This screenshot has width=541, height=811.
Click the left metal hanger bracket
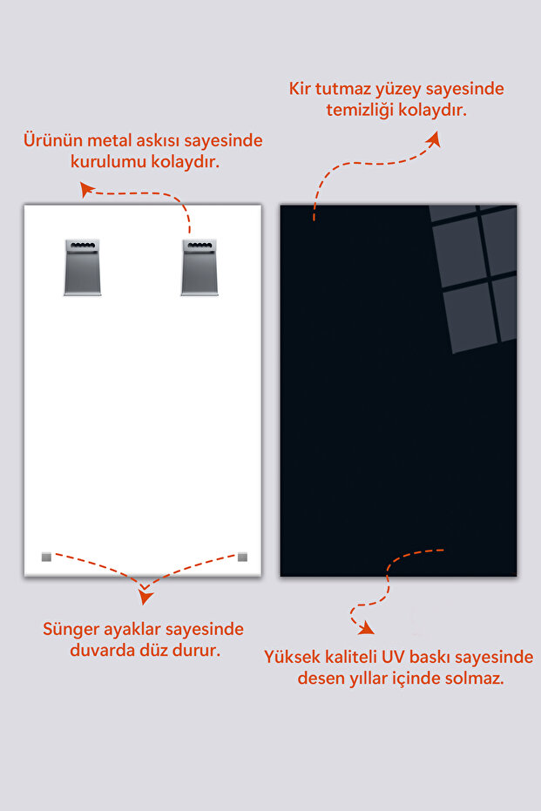[x=83, y=267]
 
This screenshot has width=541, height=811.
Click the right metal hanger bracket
[x=199, y=267]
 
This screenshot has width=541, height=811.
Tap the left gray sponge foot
[x=46, y=557]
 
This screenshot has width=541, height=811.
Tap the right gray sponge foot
[x=242, y=557]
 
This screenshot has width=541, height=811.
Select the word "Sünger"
[x=71, y=630]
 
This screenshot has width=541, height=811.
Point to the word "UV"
[x=393, y=657]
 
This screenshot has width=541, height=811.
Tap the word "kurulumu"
[x=101, y=162]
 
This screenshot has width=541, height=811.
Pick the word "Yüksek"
[x=292, y=657]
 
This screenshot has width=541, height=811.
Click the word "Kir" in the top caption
[x=300, y=89]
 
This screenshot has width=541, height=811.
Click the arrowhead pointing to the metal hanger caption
[x=86, y=189]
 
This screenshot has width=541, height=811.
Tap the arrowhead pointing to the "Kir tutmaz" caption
[x=434, y=139]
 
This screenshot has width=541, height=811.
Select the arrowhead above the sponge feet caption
[x=145, y=597]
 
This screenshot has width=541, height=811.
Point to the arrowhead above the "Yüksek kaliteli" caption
[x=367, y=628]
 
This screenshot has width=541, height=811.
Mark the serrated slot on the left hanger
[x=83, y=245]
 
